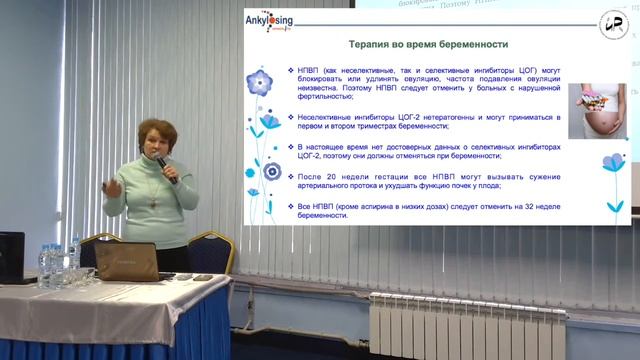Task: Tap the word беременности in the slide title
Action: point(472,45)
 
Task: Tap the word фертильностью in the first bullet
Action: point(320,97)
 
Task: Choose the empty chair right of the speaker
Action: point(211,252)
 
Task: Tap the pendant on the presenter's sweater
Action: point(153,200)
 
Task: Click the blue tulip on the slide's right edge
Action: point(612,164)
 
